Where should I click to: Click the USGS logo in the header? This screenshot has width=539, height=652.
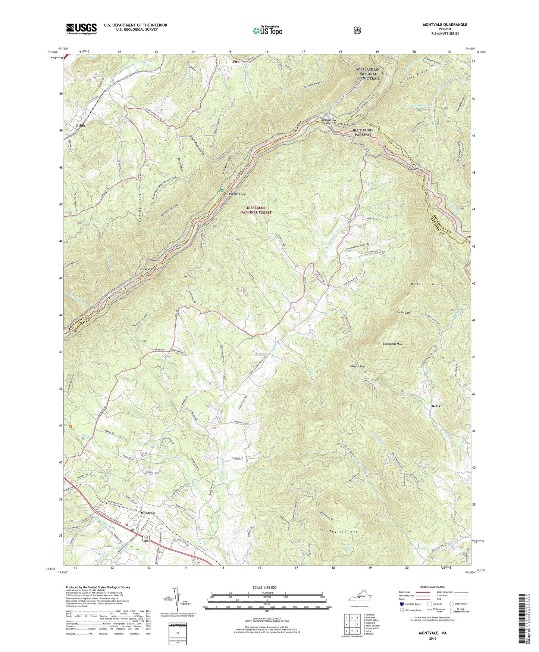(x=81, y=28)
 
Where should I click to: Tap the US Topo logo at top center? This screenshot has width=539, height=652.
(x=267, y=31)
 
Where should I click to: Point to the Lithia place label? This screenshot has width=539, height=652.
(x=80, y=125)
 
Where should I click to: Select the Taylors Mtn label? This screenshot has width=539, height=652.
(x=342, y=532)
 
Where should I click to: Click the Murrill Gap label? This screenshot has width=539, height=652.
(x=357, y=366)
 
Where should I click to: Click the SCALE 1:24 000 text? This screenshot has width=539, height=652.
(x=267, y=587)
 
